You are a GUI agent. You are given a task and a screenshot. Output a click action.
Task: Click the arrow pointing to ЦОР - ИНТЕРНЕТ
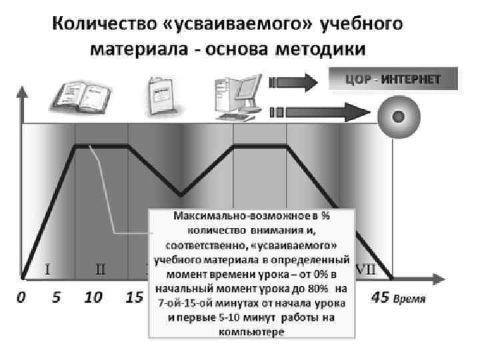click(x=294, y=82)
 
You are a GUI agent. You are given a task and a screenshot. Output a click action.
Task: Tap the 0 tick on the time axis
click(x=22, y=297)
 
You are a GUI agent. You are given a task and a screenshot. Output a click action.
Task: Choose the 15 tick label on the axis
click(x=134, y=297)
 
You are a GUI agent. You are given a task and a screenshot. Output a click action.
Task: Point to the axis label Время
click(x=408, y=299)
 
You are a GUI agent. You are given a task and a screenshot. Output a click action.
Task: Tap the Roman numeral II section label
click(x=101, y=270)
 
